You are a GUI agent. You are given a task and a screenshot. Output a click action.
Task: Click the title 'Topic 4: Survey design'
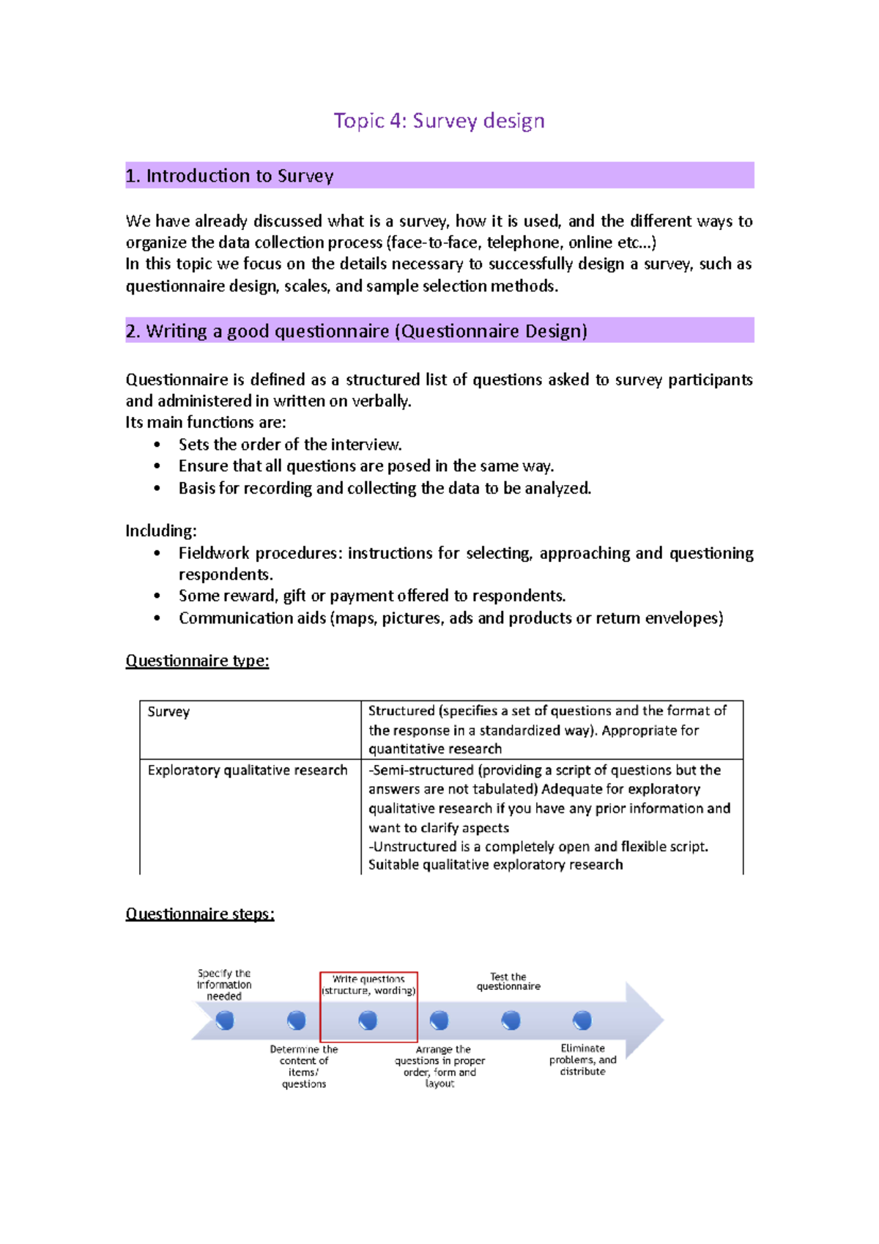(439, 121)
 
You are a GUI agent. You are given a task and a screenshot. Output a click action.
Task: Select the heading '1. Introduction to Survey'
(229, 176)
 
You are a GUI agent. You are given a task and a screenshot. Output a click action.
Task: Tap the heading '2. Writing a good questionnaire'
(356, 331)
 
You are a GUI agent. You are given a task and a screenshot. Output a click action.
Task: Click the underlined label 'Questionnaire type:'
(197, 661)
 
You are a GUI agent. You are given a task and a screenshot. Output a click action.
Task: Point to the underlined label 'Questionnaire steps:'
(199, 914)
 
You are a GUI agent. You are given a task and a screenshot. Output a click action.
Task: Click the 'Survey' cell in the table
(168, 711)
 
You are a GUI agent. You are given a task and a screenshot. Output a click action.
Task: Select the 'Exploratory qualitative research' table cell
(248, 770)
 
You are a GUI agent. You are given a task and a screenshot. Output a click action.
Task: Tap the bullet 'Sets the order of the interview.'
(290, 445)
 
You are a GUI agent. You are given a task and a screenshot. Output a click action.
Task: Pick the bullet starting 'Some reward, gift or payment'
(372, 596)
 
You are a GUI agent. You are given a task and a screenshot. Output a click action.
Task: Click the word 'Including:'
(161, 530)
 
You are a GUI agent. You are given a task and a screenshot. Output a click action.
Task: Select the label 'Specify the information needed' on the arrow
(224, 985)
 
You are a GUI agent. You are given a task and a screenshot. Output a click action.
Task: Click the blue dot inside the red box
(368, 1020)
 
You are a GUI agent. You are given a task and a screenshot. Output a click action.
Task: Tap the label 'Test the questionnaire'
(508, 982)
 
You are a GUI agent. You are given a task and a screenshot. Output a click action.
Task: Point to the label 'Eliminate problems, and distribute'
(583, 1059)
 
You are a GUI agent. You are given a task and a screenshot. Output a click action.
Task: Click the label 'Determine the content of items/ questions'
(304, 1066)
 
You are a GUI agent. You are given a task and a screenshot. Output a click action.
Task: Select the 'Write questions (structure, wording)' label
(368, 985)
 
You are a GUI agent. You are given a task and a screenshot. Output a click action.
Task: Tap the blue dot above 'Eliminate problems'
(582, 1020)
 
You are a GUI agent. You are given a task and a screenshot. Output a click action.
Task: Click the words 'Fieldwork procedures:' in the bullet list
(260, 553)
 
